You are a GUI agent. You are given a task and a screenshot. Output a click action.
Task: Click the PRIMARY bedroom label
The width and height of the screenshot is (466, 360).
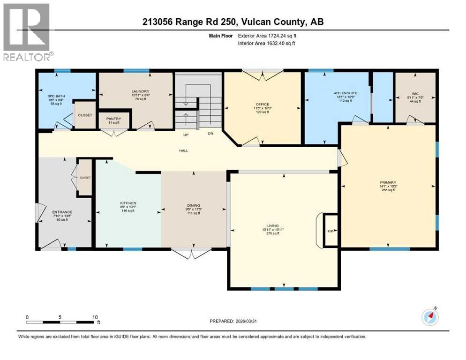point(388,182)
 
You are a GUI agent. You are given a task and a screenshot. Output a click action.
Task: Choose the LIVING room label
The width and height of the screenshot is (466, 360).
point(273,226)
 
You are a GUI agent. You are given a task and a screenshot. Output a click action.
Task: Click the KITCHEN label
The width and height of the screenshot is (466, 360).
point(128,203)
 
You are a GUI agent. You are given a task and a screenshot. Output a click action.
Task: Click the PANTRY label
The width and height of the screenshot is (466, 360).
point(114,119)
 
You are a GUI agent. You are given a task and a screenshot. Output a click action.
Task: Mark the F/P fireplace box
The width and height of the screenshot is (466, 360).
point(330,231)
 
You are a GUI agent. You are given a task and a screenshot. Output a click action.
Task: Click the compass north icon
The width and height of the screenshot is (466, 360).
point(429,317)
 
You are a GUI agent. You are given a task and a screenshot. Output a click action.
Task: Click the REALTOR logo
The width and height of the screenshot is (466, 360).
point(27,32)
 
